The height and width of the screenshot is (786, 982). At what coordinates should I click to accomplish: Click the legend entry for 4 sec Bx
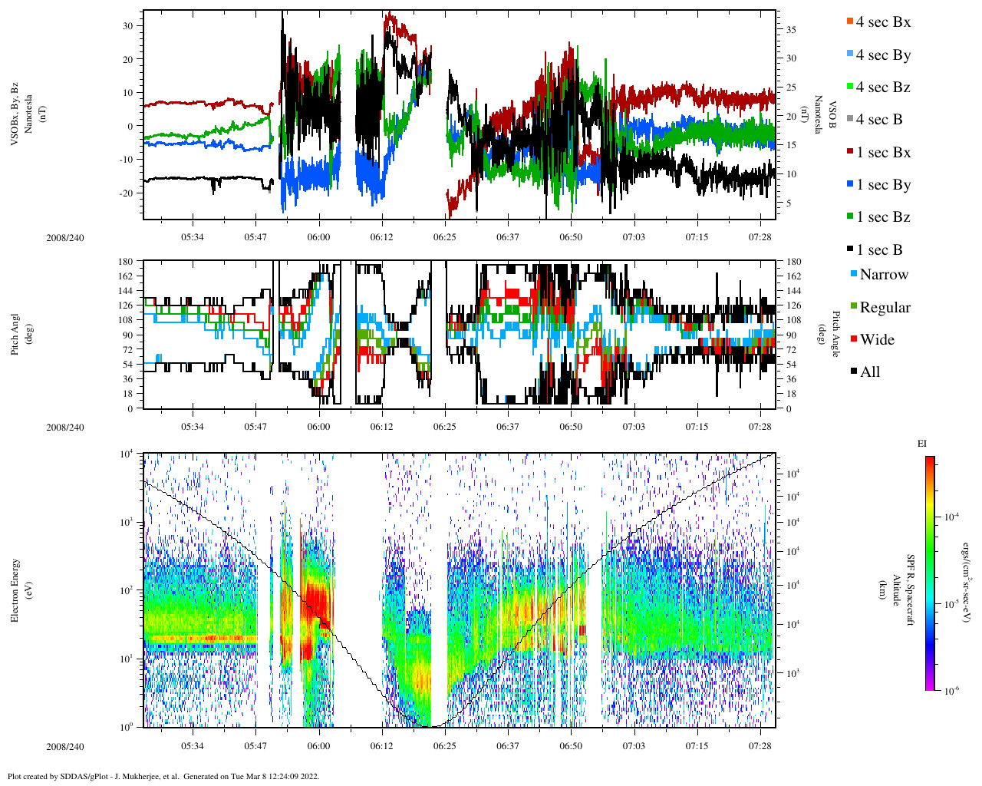pos(883,22)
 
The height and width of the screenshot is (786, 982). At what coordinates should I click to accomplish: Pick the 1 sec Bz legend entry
pos(883,217)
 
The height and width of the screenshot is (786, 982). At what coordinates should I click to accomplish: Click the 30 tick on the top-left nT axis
pos(127,26)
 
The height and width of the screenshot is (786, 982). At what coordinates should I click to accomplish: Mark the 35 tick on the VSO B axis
pos(790,30)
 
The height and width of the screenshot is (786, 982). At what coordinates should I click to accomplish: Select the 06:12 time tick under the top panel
pos(381,238)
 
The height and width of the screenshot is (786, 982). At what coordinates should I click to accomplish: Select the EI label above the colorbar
pos(922,444)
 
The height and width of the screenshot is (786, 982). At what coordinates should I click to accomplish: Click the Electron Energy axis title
pos(15,590)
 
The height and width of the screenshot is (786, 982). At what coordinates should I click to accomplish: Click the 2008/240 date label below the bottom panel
pos(64,747)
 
